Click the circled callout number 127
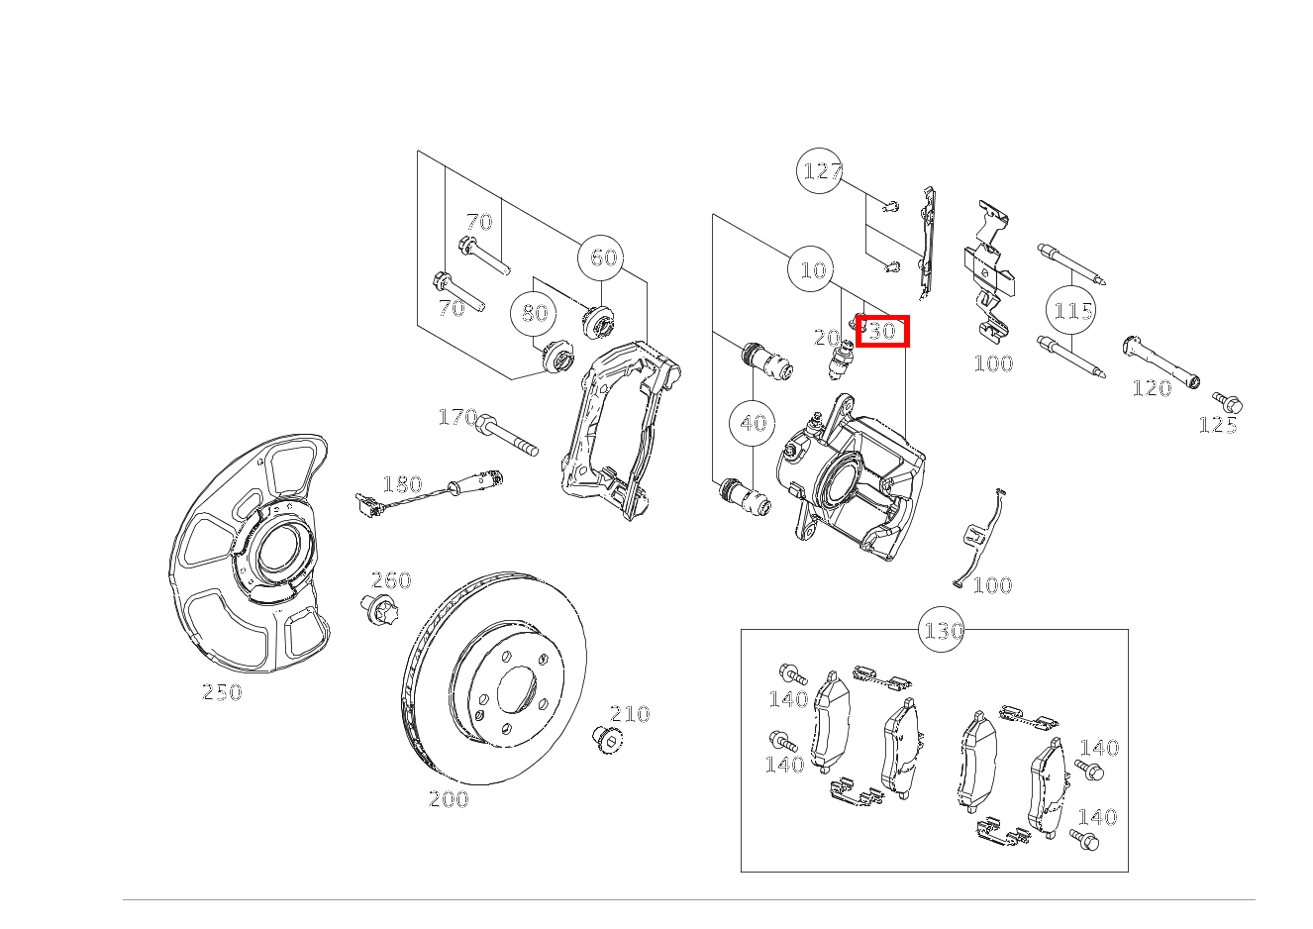pos(821,171)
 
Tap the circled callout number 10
pos(812,269)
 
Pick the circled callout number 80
pos(535,313)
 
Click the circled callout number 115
pos(1071,311)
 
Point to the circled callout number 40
pos(753,423)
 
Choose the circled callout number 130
pos(943,630)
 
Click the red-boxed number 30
pos(881,331)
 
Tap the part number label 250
pos(222,692)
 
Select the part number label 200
pos(449,798)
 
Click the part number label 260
pos(391,580)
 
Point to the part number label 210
pos(630,713)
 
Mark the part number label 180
pos(402,484)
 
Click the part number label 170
pos(457,417)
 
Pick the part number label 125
pos(1218,425)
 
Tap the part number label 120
pos(1152,388)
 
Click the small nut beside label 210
pos(605,738)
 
